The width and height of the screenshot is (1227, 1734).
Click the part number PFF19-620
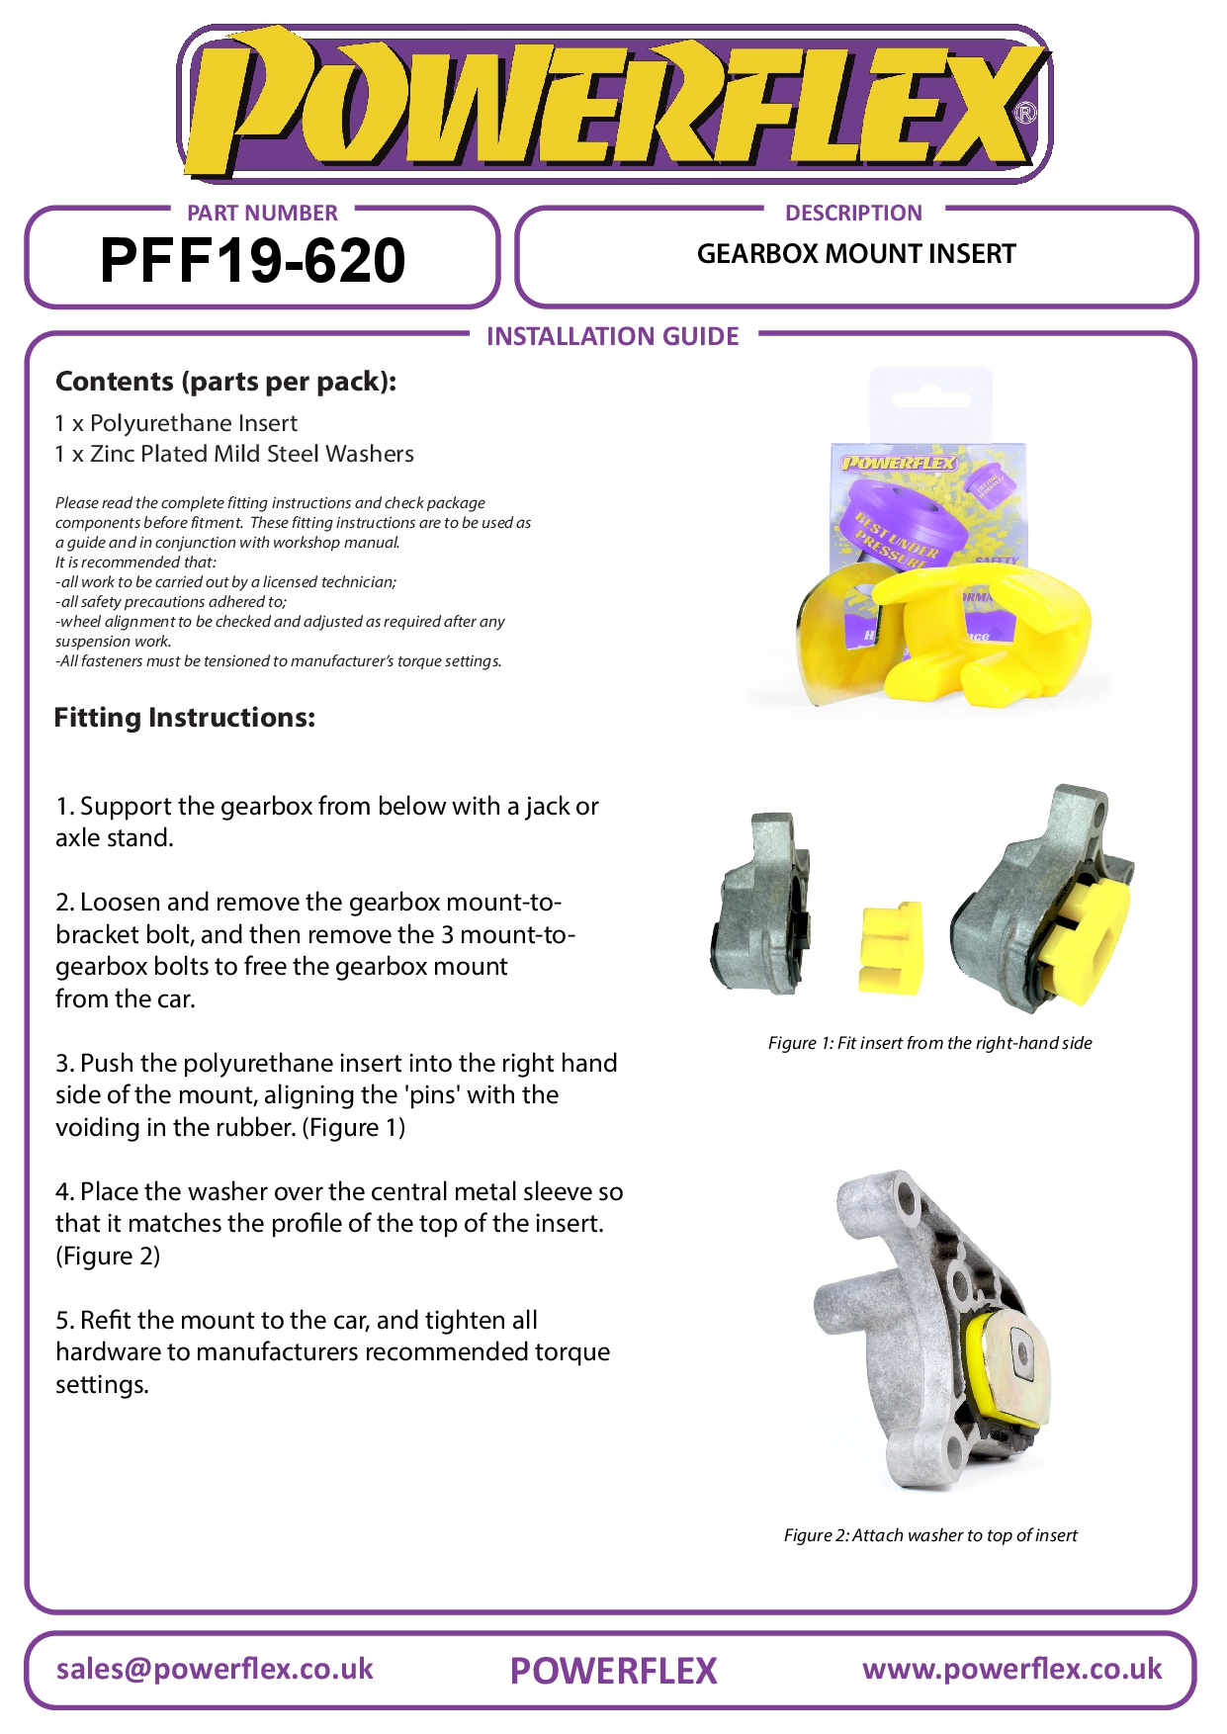(252, 261)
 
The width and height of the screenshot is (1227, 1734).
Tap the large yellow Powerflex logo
(613, 105)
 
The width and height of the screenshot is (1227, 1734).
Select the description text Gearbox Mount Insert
(856, 254)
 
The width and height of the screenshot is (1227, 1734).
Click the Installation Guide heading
(612, 336)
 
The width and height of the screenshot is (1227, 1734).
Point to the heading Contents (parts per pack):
(225, 382)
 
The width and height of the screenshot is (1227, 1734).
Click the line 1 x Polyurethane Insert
(176, 423)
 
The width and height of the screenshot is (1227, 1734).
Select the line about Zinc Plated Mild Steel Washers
(234, 454)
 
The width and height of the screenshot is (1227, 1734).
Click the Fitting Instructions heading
(185, 718)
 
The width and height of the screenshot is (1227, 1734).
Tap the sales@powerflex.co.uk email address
(215, 1669)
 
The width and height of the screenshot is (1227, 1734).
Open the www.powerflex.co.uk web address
(1011, 1669)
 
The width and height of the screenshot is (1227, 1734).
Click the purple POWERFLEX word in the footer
(613, 1671)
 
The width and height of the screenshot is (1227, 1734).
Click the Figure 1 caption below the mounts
(929, 1043)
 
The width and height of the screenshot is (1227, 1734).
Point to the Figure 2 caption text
(929, 1535)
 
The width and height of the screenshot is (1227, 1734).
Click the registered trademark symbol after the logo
(1026, 114)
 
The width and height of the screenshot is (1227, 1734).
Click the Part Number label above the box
(262, 213)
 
